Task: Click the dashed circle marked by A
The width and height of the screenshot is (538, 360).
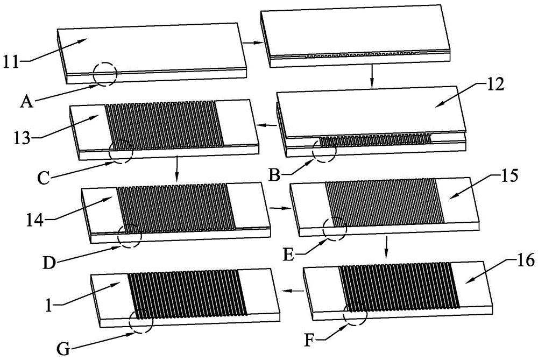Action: point(104,73)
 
